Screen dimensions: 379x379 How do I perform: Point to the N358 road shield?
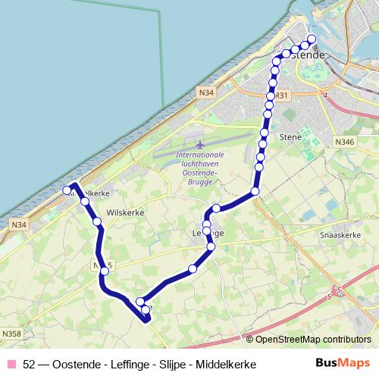[11, 333]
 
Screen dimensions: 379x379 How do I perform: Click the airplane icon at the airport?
[200, 144]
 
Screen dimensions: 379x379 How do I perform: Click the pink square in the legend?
[11, 365]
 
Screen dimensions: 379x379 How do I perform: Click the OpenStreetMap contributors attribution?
[312, 339]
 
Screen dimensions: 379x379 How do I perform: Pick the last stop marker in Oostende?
[311, 40]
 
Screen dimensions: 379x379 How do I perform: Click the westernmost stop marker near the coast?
[67, 189]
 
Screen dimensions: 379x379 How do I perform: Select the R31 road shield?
[281, 96]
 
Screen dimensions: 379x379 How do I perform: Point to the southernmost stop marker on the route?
[146, 309]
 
